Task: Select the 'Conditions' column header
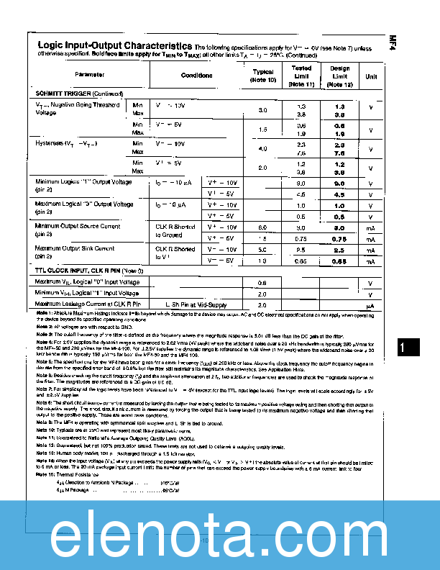(x=196, y=75)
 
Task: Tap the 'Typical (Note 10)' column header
(x=263, y=76)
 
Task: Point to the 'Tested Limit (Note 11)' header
(x=301, y=76)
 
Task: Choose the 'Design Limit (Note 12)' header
(x=339, y=76)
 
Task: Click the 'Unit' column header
(x=371, y=75)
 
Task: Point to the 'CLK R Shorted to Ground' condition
(x=175, y=230)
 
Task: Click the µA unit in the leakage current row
(x=371, y=304)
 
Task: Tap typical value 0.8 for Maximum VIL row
(x=263, y=282)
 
